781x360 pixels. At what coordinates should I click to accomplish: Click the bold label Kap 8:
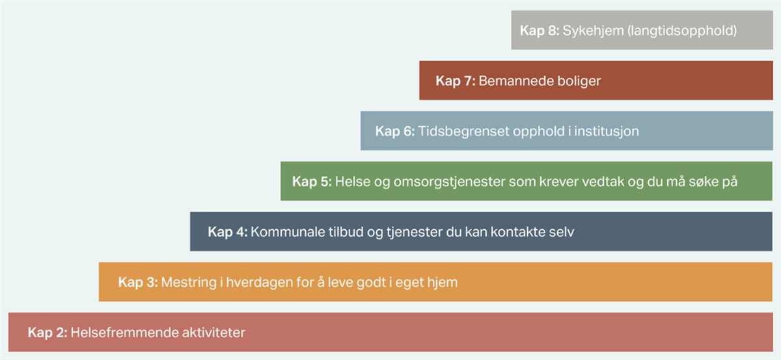pos(540,31)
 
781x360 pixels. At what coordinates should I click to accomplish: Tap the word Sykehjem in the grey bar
pos(593,31)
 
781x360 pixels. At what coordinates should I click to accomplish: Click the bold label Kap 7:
pos(456,81)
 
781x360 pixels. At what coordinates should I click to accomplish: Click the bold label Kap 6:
pos(395,131)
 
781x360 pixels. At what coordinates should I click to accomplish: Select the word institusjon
pos(607,131)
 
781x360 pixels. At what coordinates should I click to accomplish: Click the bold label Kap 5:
pos(312,182)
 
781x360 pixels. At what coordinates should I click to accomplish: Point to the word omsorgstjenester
pos(450,182)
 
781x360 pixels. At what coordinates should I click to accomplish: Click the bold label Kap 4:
pos(228,232)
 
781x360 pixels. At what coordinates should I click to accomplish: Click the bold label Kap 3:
pos(138,282)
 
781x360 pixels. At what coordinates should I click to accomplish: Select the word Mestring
pos(189,283)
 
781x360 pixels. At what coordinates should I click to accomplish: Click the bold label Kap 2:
pos(48,333)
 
